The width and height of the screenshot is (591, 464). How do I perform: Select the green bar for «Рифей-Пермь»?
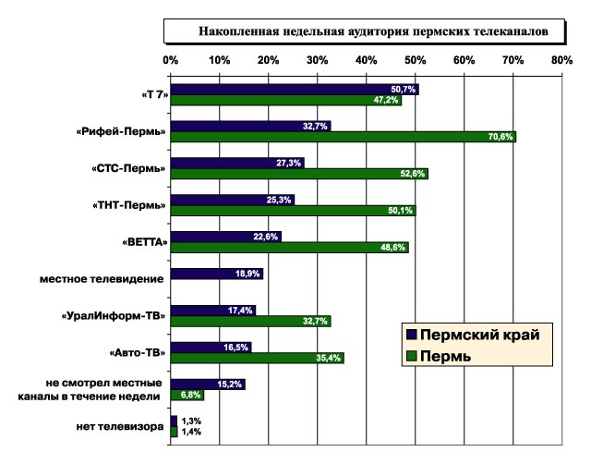343,137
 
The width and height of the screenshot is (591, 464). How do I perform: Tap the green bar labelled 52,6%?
299,174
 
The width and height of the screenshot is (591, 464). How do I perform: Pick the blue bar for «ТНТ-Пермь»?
232,200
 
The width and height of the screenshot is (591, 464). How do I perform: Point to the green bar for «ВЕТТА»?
289,248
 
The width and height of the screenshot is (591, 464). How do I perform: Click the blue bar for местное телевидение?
216,274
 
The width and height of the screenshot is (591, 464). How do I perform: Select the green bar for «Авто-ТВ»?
257,358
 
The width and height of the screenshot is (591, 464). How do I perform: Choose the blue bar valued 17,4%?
212,311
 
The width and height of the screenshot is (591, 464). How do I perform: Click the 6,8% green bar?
187,395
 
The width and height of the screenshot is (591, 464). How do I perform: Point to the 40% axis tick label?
366,60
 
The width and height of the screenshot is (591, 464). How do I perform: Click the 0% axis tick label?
171,60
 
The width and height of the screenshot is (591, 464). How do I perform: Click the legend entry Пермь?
452,356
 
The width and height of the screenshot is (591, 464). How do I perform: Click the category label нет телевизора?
120,426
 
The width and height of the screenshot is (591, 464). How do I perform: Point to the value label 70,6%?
500,137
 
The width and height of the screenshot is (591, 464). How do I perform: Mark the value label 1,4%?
191,432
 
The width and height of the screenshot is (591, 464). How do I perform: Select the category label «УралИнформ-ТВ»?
115,316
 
